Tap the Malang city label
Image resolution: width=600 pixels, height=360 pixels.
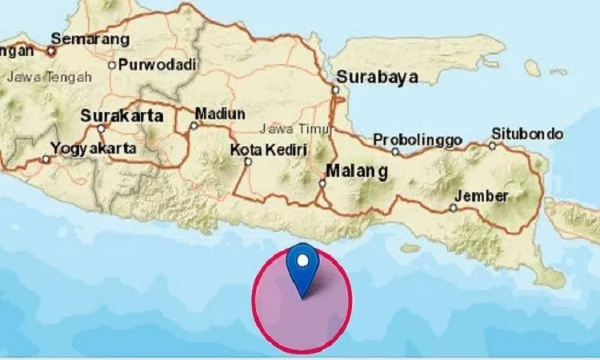357,171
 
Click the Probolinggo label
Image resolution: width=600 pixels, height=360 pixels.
418,140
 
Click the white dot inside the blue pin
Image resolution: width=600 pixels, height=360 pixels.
303,260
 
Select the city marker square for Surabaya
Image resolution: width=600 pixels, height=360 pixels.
335,90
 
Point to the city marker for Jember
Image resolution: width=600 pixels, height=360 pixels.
453,208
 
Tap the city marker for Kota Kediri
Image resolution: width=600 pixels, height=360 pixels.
247,162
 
